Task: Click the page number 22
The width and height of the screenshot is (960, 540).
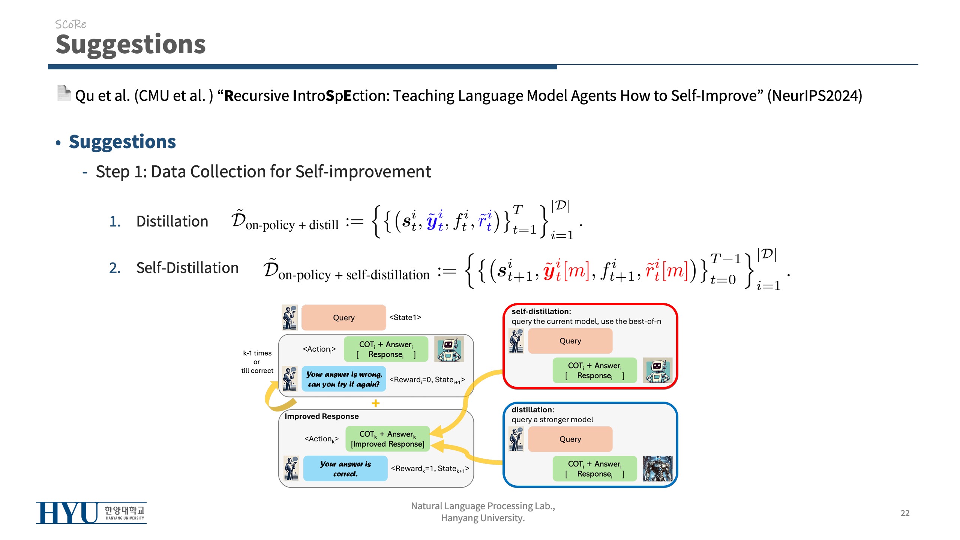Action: click(904, 513)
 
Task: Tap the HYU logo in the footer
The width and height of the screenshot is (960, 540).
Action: click(91, 513)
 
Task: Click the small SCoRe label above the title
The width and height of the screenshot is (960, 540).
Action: click(70, 24)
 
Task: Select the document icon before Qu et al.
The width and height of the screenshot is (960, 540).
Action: click(64, 93)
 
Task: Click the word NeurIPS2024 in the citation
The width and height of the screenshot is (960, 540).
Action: click(814, 96)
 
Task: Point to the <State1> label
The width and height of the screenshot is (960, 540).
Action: click(405, 317)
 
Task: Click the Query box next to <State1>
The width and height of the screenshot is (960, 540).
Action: click(343, 318)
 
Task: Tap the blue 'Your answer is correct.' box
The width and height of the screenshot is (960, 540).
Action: click(345, 469)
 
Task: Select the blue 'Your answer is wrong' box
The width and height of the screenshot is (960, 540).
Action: click(343, 379)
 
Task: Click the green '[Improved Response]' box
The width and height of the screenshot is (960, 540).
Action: click(387, 439)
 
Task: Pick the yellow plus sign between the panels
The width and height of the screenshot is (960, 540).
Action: click(375, 403)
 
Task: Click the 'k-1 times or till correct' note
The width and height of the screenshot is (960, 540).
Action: click(257, 362)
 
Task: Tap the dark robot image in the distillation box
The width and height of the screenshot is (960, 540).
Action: click(657, 468)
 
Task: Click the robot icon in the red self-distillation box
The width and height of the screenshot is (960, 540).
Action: click(657, 370)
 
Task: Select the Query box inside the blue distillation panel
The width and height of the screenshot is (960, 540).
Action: click(570, 439)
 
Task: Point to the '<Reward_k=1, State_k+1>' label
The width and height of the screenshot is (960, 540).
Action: click(430, 469)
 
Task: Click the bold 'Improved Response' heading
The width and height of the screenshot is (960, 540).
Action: click(321, 416)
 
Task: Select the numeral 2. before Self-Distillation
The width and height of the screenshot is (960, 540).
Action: click(115, 268)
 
